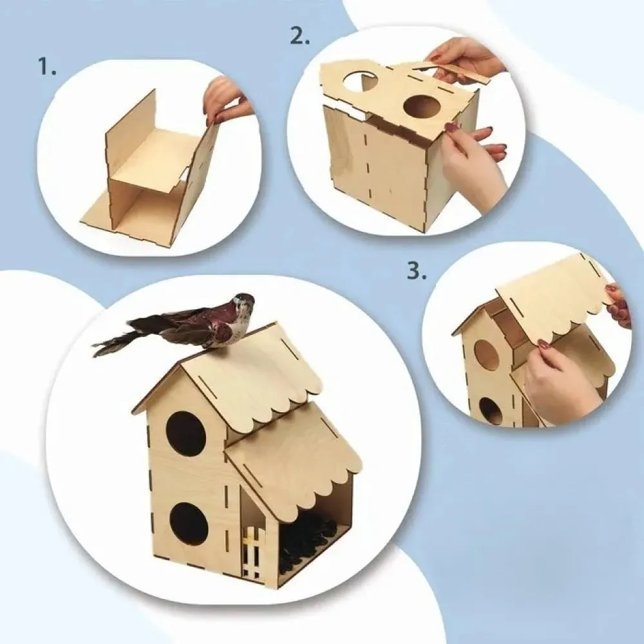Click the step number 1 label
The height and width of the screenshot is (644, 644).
(x=47, y=66)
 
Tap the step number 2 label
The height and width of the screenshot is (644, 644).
(x=300, y=35)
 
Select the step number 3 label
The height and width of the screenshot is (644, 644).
(x=416, y=272)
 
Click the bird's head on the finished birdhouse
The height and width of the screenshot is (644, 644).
(x=242, y=303)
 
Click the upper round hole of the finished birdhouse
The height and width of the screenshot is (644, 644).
(x=185, y=433)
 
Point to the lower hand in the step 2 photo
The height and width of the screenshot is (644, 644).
(x=477, y=164)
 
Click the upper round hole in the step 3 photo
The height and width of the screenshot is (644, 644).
(x=487, y=354)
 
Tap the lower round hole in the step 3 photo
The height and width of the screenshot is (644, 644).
(x=491, y=411)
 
